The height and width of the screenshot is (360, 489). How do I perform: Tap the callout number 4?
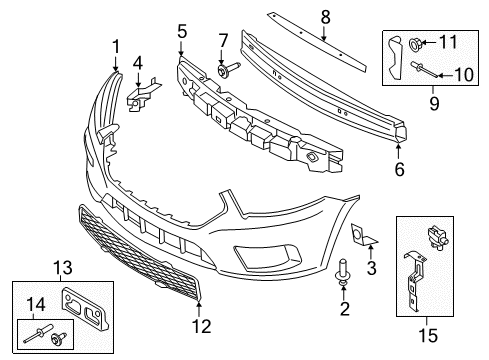137,63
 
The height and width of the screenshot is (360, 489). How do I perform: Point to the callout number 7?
224,39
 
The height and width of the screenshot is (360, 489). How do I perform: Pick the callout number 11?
448,42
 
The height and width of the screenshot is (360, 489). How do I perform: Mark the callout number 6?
400,170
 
